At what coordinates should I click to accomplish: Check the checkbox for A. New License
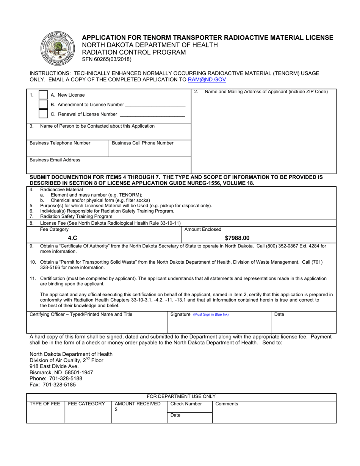click(44, 95)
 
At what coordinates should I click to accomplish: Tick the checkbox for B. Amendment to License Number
click(44, 105)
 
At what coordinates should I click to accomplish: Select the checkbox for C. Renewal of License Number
click(44, 114)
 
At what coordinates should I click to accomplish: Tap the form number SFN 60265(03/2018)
click(107, 59)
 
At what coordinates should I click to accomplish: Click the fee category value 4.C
click(72, 238)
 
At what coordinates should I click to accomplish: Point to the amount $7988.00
click(237, 238)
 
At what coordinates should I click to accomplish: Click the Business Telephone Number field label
click(60, 143)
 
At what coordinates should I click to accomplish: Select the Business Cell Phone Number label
click(142, 143)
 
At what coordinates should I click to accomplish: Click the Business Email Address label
click(55, 160)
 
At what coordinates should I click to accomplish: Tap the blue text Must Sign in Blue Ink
click(211, 314)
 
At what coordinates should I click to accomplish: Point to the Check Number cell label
click(186, 404)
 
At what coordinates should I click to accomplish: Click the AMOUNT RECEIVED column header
click(138, 404)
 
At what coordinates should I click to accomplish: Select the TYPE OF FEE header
click(45, 404)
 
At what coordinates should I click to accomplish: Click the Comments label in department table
click(227, 404)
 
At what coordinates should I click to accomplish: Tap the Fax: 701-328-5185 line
click(53, 385)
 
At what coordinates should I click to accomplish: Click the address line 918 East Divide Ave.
click(54, 366)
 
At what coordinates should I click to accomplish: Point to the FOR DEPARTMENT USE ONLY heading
click(181, 396)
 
